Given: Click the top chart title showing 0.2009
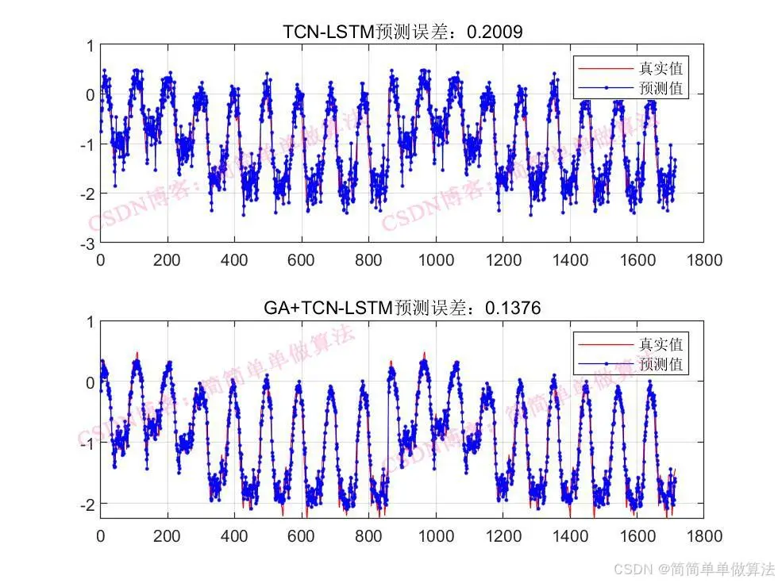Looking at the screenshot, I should [x=402, y=32].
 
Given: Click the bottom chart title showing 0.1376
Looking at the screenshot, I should [x=402, y=308].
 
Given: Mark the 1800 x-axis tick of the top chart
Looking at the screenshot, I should [x=704, y=259].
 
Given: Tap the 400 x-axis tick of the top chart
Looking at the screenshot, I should [x=234, y=259].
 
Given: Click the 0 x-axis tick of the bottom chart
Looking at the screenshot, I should [x=100, y=535].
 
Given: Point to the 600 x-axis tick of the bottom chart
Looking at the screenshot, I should [x=301, y=535].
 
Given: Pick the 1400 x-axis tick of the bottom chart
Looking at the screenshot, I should [x=569, y=535].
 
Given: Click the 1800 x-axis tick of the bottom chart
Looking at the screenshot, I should [x=704, y=535].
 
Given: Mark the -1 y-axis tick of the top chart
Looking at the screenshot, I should [x=86, y=144].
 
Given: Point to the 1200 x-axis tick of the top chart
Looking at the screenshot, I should [x=503, y=259].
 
